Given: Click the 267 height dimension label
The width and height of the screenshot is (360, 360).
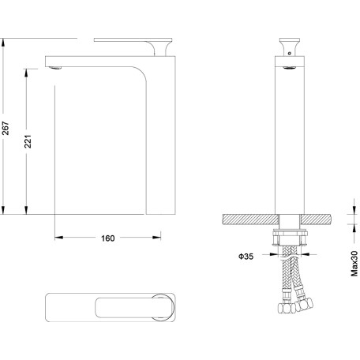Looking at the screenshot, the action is point(6,128).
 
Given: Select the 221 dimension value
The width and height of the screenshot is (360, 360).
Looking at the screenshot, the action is point(28,141).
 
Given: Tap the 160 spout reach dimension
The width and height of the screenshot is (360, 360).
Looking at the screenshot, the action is point(108,238).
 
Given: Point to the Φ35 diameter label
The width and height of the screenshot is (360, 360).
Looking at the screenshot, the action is point(246,257).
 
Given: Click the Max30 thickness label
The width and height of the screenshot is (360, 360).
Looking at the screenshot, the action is point(354,264).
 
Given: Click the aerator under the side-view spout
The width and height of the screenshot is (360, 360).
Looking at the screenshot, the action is point(55,68).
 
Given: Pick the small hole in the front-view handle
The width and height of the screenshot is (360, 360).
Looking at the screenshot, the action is point(290,53).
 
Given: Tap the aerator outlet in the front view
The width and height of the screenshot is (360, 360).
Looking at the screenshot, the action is point(290,68).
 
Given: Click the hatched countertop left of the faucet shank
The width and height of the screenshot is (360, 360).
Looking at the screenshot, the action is point(250,219).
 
